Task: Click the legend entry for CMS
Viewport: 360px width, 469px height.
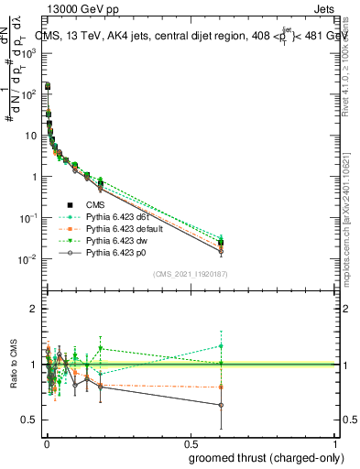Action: point(98,205)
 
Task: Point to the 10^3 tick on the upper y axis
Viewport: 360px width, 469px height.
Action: point(29,53)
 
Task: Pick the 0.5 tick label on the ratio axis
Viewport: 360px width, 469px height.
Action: point(30,420)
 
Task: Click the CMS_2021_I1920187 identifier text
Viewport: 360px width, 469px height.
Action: point(191,274)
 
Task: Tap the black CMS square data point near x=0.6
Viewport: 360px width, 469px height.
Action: point(221,244)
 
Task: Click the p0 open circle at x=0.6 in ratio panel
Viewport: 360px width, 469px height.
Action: point(221,405)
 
